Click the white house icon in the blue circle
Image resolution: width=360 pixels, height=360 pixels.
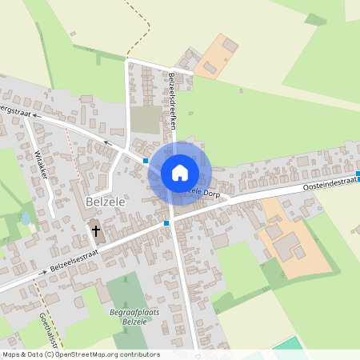click(x=179, y=173)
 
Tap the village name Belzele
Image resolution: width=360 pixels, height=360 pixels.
click(x=103, y=203)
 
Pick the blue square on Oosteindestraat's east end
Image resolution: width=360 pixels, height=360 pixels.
click(x=358, y=174)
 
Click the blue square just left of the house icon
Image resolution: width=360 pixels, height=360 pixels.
click(x=146, y=161)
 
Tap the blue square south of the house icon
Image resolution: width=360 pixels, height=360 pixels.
click(x=166, y=222)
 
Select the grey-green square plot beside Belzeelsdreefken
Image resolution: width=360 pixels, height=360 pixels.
click(x=145, y=120)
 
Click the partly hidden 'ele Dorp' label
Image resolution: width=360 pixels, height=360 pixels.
click(x=203, y=192)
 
